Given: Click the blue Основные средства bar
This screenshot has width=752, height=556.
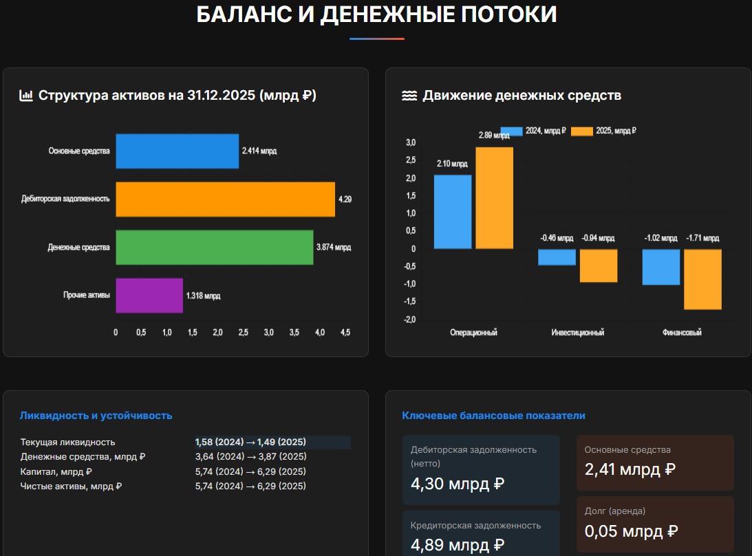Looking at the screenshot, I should coord(177,151).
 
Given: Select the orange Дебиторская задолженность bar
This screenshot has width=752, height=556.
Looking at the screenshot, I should coord(225,199).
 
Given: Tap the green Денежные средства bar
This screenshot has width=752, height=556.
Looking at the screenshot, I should coord(214,247).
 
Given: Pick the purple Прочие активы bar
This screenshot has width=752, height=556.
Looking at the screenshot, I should coord(149,295).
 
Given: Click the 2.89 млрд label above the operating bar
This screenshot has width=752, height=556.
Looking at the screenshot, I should coord(493,136).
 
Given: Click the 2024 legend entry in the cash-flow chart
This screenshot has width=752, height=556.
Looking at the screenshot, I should coord(533,130).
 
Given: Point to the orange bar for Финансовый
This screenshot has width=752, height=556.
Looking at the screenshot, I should coord(702,279).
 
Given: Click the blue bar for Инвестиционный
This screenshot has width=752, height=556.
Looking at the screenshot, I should coord(557,257).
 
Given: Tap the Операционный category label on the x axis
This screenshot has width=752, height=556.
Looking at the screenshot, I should coord(473,332).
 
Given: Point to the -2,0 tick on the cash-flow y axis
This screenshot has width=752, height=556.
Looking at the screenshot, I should coord(411,320).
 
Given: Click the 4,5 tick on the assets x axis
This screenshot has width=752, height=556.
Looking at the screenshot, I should coord(345,332).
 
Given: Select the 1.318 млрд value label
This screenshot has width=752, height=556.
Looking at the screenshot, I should coord(203,296).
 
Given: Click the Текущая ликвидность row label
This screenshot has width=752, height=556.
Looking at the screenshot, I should coord(68,442).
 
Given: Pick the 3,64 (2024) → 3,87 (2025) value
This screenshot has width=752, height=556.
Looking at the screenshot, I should coord(250,457).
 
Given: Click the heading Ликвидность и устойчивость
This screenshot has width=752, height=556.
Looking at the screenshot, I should coord(96,416).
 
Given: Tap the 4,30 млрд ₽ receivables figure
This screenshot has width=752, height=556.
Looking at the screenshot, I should coord(458,484).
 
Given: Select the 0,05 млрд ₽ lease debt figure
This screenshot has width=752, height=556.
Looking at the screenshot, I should coord(632,531).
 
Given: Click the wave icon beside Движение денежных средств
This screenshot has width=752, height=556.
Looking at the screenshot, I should coord(409,96).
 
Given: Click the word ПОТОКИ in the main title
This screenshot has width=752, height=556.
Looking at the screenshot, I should coord(508,14).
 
